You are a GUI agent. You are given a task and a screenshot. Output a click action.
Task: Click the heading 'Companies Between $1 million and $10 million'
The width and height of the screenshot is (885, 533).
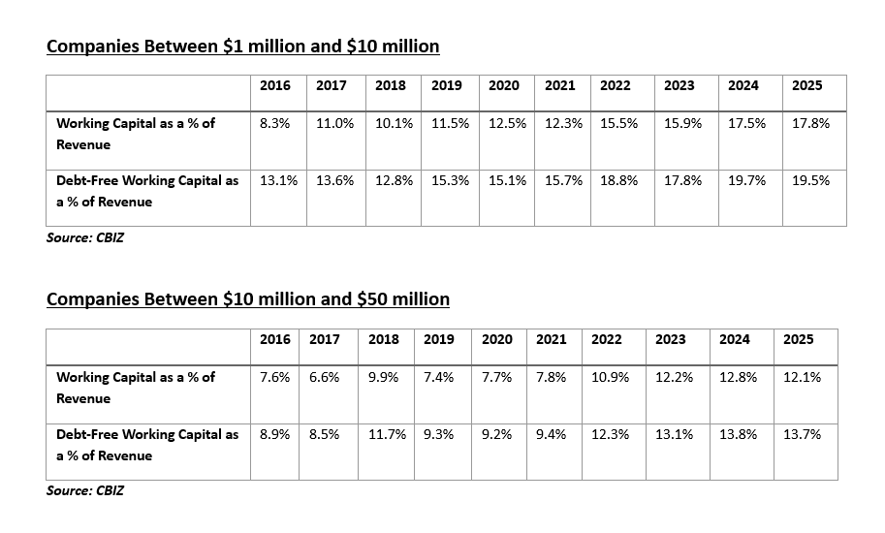pos(242,47)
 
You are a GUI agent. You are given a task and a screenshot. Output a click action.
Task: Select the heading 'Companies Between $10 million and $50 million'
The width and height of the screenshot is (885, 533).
pos(247,299)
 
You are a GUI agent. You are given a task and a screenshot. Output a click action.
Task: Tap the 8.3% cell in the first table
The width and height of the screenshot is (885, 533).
pos(275,123)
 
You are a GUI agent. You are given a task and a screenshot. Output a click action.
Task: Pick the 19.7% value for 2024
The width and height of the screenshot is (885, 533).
pos(746,180)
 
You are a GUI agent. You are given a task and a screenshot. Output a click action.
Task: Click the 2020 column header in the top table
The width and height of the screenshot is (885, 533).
pos(503,85)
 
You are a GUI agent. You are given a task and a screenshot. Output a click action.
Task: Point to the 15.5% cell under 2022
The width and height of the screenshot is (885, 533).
pos(618,123)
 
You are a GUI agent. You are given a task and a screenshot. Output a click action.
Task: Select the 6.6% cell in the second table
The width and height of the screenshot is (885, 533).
pos(325,377)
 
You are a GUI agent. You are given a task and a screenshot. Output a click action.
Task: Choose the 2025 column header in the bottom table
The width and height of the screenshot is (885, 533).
pos(798,339)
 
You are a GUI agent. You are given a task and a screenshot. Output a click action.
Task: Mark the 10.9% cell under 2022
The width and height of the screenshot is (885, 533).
pos(610,377)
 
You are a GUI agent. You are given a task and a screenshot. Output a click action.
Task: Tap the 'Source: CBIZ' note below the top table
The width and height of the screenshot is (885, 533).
pos(84,237)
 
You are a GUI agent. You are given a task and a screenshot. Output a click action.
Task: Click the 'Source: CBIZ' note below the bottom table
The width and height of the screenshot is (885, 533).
pos(84,490)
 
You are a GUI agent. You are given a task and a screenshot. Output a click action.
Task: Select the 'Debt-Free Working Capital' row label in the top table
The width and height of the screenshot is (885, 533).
pos(146,191)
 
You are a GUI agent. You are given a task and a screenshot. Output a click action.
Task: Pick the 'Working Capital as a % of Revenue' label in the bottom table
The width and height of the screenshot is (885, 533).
pos(135,387)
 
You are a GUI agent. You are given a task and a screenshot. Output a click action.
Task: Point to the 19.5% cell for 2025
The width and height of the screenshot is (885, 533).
pos(810,180)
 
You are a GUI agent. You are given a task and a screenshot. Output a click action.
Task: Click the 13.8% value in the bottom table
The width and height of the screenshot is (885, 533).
pos(738,434)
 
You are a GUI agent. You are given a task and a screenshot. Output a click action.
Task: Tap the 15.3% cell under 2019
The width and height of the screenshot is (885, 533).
pos(450,180)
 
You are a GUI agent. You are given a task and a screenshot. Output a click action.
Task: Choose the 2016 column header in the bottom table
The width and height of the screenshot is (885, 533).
pos(275,339)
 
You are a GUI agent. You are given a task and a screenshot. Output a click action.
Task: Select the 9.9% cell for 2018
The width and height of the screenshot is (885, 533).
pos(384,377)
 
